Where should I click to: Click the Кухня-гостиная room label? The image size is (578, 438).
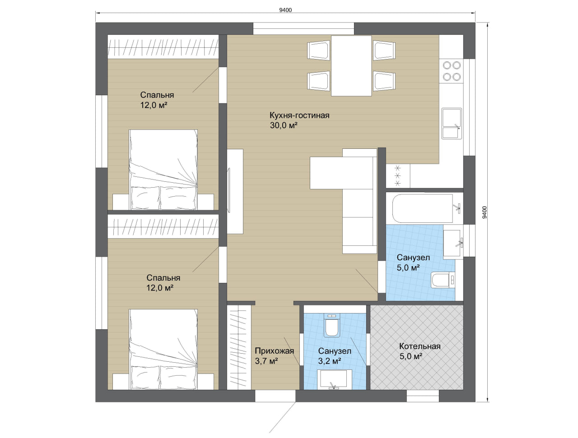299,115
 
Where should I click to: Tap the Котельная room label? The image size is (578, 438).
420,346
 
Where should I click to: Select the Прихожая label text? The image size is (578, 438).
274,350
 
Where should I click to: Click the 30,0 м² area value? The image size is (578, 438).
284,125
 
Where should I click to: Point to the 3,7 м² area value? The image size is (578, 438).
266,361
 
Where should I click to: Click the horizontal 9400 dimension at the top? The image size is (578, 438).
285,10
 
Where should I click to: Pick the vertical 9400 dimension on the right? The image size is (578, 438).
485,212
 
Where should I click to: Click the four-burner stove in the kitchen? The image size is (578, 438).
452,71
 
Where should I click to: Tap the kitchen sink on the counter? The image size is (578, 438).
452,124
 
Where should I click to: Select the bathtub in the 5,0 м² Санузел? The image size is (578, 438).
423,208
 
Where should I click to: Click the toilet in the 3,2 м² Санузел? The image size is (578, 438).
332,325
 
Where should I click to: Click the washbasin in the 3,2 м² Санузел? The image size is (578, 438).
334,379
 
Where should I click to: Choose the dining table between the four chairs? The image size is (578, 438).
351,66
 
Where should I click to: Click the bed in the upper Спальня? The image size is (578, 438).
163,170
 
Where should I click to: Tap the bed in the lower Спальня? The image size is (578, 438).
163,349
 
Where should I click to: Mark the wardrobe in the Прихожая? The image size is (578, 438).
239,347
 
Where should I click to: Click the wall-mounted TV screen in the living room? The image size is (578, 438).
229,190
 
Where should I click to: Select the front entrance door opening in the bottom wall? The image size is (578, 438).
275,396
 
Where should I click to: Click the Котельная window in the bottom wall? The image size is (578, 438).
423,396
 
